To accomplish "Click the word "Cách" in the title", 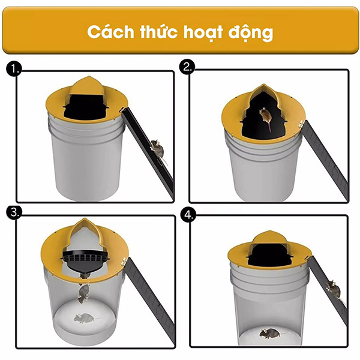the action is (110, 32).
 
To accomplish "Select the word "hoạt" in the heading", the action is (203, 32).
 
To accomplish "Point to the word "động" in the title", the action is (250, 32).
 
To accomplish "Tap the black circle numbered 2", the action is (187, 67).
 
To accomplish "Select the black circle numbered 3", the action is (14, 212).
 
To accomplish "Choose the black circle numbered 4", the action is (188, 215).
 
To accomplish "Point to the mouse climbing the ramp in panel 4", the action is (334, 290).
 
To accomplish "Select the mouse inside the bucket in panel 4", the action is (271, 334).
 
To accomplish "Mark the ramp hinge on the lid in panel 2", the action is (301, 125).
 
